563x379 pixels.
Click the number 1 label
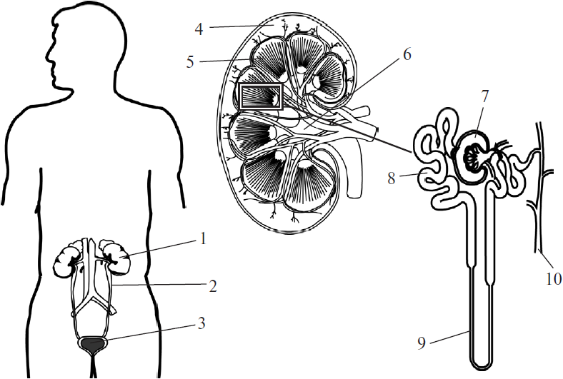pos(204,238)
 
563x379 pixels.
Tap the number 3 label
pos(203,323)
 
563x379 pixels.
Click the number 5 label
pos(189,61)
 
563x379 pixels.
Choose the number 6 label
pos(407,55)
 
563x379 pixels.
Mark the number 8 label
pos(392,178)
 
